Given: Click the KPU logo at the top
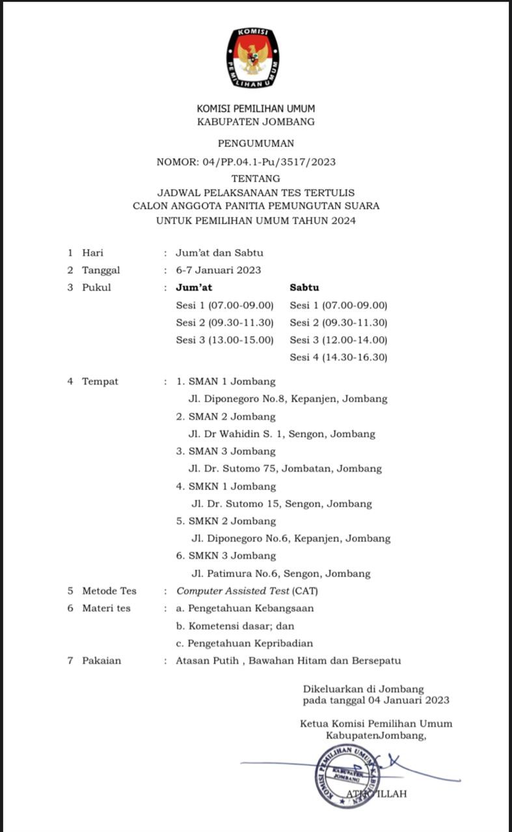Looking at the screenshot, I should click(x=252, y=58).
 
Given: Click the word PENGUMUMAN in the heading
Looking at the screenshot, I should click(x=256, y=143).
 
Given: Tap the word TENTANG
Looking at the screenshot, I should click(x=256, y=178).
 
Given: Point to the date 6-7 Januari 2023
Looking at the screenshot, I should click(x=219, y=270).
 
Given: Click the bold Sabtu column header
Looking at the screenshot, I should click(x=304, y=287).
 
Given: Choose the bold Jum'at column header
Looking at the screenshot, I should click(x=194, y=287).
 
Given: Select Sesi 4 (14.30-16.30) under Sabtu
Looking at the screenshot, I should click(x=338, y=357).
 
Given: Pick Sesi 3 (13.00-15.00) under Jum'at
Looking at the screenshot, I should click(x=224, y=339).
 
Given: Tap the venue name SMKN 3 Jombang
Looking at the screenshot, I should click(x=232, y=556).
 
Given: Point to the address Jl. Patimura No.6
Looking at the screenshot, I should click(x=245, y=573).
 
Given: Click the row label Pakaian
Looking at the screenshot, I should click(x=101, y=660).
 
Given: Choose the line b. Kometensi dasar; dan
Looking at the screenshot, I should click(x=235, y=626).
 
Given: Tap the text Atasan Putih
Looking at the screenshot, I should click(x=204, y=660).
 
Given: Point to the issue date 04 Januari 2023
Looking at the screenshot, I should click(x=403, y=700).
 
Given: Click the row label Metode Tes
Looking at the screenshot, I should click(x=109, y=591).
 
